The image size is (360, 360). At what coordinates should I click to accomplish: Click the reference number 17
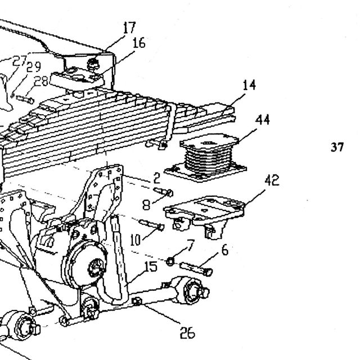[129, 28]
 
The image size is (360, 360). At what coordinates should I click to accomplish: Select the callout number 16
[139, 43]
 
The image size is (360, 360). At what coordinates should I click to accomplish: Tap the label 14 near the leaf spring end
[249, 85]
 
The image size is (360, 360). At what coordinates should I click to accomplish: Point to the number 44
[263, 120]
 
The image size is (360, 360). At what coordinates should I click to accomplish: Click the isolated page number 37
[337, 147]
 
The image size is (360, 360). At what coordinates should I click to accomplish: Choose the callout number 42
[272, 180]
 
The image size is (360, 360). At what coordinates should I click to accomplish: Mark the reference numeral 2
[156, 178]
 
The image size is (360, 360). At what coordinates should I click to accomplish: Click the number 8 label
[146, 205]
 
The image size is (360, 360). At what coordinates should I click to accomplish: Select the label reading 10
[135, 240]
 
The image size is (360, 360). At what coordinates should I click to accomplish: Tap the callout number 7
[191, 245]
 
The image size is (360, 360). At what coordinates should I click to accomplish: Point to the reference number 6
[225, 250]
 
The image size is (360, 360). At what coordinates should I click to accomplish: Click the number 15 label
[151, 267]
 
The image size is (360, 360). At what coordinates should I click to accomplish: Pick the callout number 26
[187, 332]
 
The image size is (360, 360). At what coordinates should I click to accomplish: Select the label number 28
[41, 81]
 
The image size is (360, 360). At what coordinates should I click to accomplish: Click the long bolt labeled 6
[196, 269]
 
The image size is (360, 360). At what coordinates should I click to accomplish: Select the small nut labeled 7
[170, 262]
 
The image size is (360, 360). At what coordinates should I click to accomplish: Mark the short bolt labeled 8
[164, 192]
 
